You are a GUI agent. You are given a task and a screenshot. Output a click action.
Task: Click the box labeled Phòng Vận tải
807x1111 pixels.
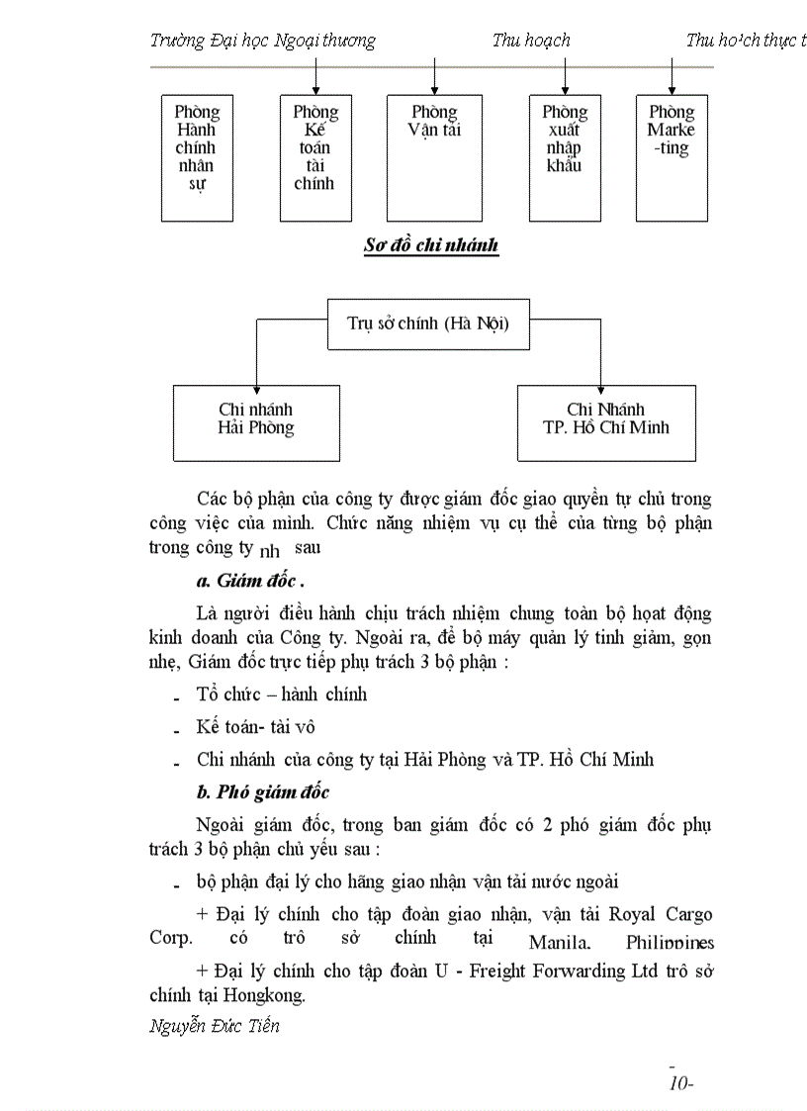434,157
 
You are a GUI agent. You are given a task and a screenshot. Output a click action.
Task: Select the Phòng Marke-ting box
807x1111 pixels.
672,157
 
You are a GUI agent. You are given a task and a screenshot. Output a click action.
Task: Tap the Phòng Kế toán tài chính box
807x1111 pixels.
314,157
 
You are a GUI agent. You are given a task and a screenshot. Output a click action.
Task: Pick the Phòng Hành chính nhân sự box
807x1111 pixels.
196,157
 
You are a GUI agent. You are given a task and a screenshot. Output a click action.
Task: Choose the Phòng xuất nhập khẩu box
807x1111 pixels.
564,157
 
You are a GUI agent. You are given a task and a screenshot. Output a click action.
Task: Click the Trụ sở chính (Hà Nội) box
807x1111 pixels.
428,324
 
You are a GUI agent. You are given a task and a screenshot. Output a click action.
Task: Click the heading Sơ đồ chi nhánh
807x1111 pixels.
431,245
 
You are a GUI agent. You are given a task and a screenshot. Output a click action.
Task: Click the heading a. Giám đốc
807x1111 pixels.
250,581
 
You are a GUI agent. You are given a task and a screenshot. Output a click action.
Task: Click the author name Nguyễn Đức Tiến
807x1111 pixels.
215,1025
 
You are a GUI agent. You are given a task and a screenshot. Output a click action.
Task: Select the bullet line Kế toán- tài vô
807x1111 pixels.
255,726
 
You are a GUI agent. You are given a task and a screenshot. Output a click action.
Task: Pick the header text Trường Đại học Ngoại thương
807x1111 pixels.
263,41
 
